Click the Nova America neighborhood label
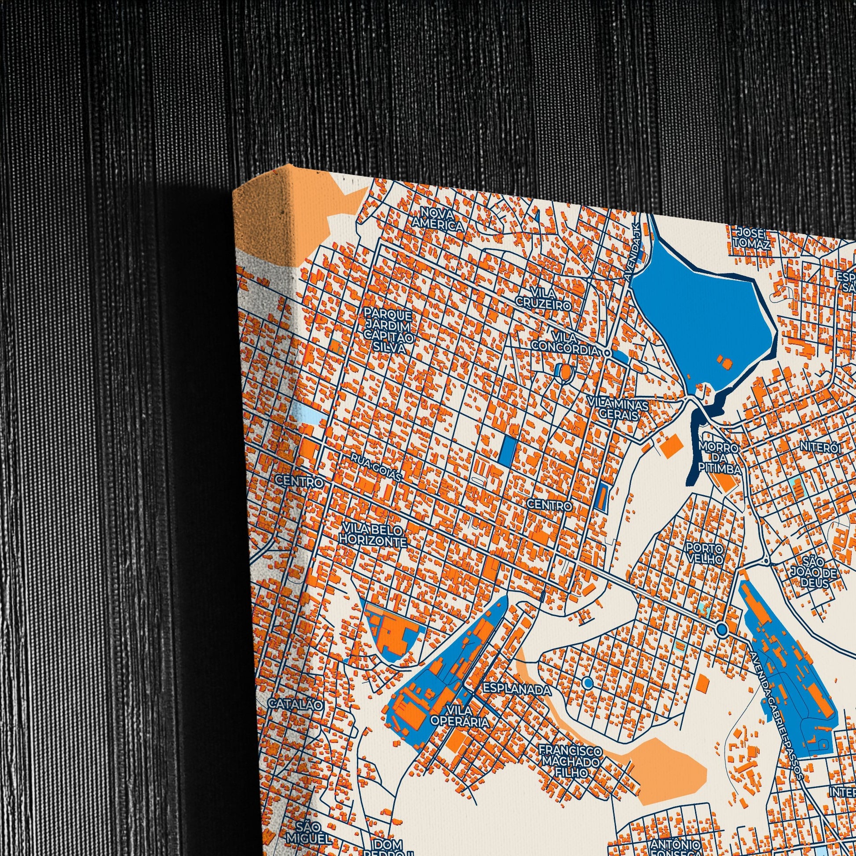pos(438,219)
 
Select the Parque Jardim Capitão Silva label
pos(389,331)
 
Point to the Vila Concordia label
pos(565,344)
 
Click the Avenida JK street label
pos(635,251)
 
